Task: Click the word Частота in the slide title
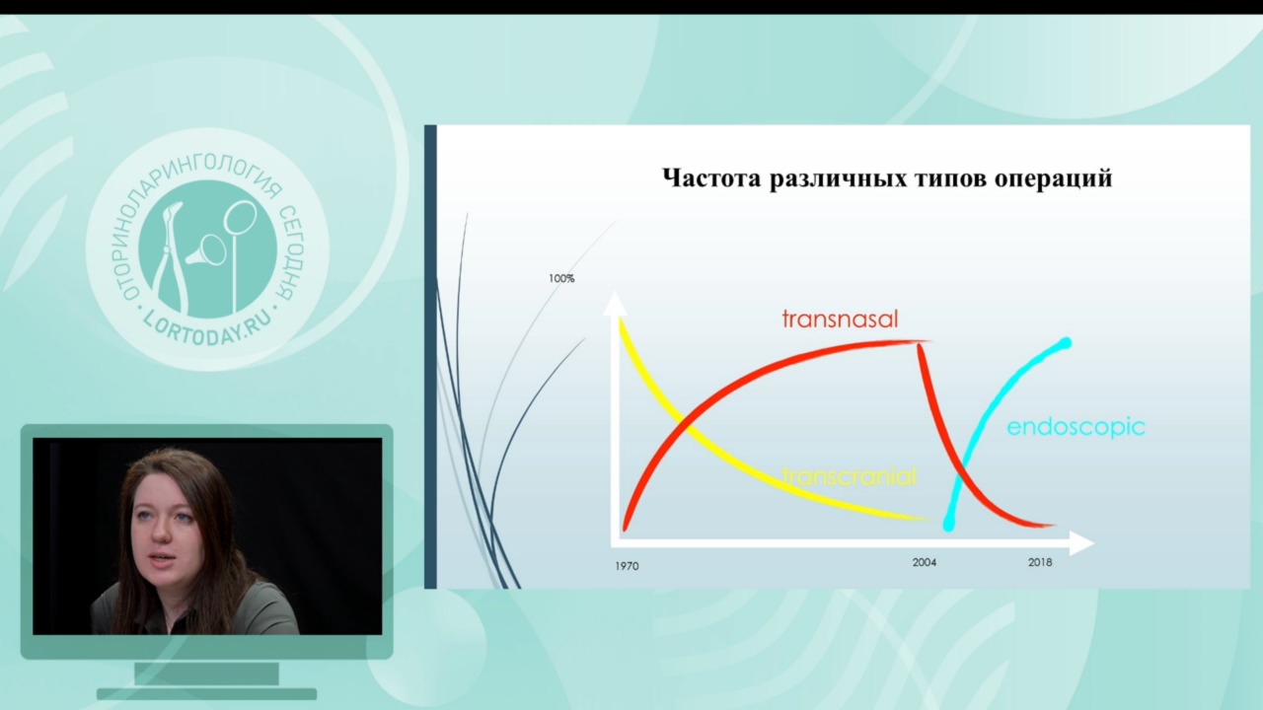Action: (712, 178)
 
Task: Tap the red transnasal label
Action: (840, 319)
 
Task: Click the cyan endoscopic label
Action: (1076, 428)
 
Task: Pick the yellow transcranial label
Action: (850, 476)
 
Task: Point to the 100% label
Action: (561, 278)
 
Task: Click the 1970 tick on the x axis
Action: (627, 566)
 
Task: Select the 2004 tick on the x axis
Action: (925, 562)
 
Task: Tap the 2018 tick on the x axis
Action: (1040, 562)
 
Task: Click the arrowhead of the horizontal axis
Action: (1082, 543)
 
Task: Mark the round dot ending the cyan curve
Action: (1066, 342)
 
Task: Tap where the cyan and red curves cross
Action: (962, 467)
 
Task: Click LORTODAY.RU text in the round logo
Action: (207, 329)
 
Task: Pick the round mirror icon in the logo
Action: (240, 218)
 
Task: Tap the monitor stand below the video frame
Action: (207, 680)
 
